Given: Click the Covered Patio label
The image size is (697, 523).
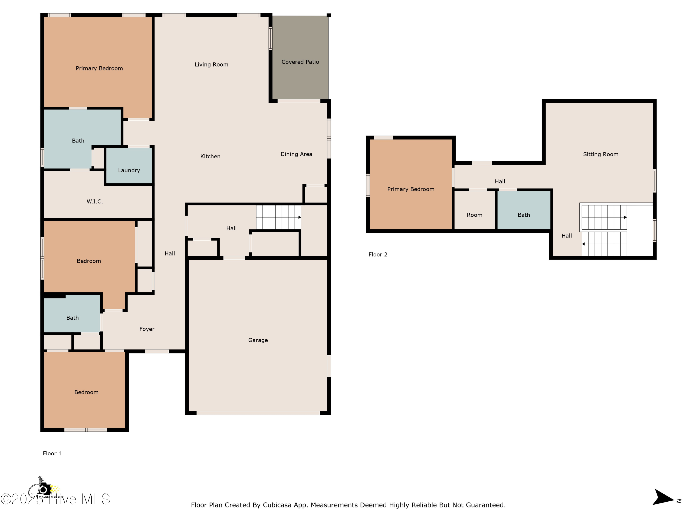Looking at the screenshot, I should [300, 62].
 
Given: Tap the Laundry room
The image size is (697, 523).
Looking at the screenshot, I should [129, 170].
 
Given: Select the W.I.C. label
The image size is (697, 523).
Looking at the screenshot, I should [95, 202].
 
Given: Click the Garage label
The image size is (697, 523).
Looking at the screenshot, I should [258, 340].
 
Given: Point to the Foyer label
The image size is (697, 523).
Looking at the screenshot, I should [147, 329].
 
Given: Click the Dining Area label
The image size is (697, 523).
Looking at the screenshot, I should [296, 154].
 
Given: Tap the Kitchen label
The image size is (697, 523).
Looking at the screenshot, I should [210, 156].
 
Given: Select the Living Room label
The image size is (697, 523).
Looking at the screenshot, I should [211, 65].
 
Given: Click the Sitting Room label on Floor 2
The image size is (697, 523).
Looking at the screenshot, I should [600, 155].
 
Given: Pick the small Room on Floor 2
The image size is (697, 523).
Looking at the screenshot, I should [474, 215].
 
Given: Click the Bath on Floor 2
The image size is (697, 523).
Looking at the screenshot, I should [523, 215].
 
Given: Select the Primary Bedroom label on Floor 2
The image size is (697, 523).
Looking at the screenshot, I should [410, 189].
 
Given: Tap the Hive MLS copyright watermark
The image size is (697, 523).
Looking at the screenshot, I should [55, 499].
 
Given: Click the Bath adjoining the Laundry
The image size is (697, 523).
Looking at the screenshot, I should [78, 141].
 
